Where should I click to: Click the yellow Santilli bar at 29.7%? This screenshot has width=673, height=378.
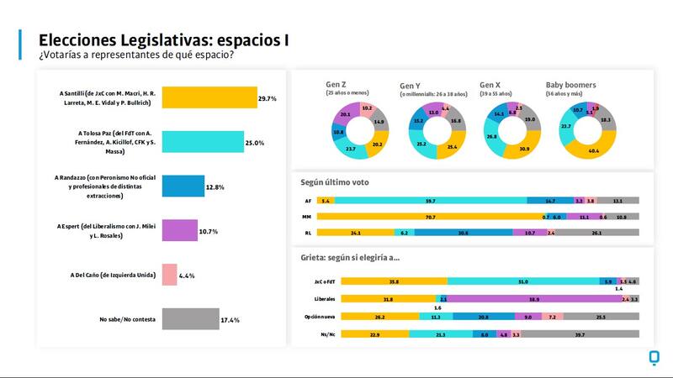pos(209,98)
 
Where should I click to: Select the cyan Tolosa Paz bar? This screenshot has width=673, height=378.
pos(202,142)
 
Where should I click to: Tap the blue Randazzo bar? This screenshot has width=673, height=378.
pos(183,186)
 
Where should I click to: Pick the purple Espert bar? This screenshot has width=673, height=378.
pos(179,230)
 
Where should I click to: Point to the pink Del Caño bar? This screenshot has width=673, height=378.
pos(168,274)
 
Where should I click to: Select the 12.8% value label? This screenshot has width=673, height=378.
pos(216,186)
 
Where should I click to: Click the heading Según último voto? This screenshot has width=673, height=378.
pos(335,181)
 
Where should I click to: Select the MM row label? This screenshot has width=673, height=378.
pos(309,217)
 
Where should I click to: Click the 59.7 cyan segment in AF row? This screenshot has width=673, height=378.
pos(431,202)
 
